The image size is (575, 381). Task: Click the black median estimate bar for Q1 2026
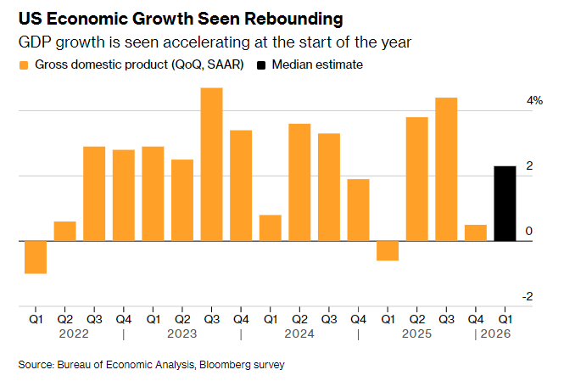(505, 204)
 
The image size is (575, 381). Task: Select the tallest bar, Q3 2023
(211, 165)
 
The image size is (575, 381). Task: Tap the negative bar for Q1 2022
(35, 257)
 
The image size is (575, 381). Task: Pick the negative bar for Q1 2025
(388, 250)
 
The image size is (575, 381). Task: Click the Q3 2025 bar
(446, 170)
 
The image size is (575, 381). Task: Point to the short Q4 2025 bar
(476, 233)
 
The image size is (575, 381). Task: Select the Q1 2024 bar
(270, 228)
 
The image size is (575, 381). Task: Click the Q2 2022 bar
(64, 232)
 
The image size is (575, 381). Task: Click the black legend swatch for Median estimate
(261, 65)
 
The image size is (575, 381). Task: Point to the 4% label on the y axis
(534, 101)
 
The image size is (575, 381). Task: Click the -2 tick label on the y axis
(528, 297)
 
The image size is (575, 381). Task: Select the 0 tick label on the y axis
(529, 232)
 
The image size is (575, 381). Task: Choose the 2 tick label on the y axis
(529, 166)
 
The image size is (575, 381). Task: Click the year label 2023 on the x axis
(182, 334)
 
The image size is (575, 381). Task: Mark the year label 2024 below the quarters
(299, 334)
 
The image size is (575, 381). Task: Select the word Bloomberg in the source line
(234, 365)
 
